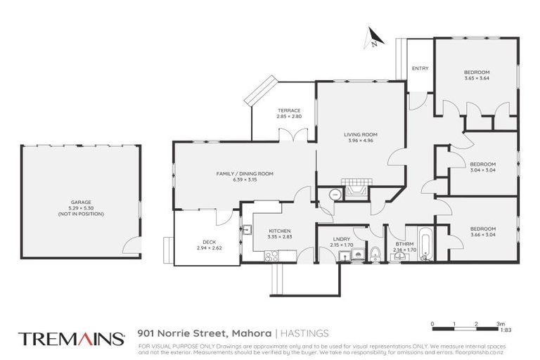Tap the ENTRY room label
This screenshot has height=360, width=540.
pos(420,68)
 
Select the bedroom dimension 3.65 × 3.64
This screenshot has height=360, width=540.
pos(476,78)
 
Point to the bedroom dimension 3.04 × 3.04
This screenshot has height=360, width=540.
pos(482,170)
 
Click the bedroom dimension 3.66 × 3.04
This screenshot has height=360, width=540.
pos(482,234)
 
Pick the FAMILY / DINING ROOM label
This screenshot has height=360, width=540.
pos(244,174)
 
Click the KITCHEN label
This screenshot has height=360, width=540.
pos(280,231)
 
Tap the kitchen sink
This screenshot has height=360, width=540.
pos(247,229)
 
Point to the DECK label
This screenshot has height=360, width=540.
pos(208,242)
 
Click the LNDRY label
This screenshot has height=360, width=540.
pos(342,238)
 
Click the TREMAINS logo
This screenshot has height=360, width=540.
pos(72,337)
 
